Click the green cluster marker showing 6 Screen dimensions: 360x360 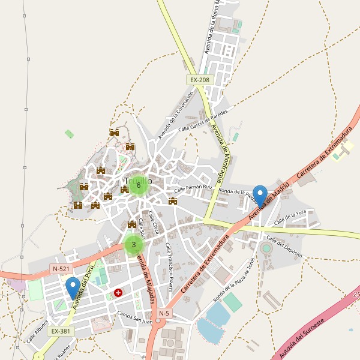[139, 185]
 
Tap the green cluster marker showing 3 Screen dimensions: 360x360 [133, 244]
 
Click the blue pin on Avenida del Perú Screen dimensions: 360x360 [73, 288]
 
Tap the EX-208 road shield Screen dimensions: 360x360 [199, 80]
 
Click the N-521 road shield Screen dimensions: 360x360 [61, 269]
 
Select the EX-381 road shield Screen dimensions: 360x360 [61, 331]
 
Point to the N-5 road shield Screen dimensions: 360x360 [164, 313]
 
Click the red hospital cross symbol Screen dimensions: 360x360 [118, 293]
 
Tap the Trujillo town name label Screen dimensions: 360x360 [139, 180]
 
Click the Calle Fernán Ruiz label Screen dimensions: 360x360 [194, 188]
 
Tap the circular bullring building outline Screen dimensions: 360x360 [266, 248]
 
